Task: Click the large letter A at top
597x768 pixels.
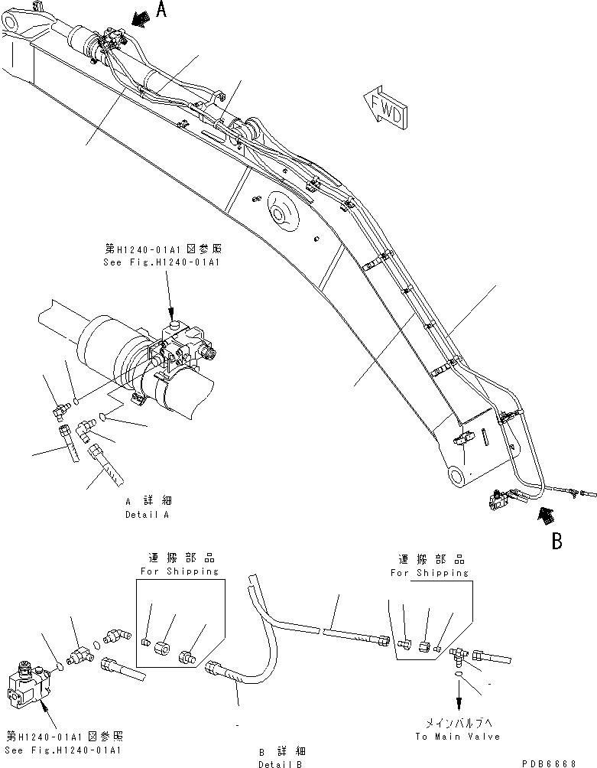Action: tap(161, 10)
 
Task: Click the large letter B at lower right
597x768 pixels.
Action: tap(557, 541)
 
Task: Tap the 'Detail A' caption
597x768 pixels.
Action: tap(147, 515)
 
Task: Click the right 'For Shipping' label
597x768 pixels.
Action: tap(429, 571)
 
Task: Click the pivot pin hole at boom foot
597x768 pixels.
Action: tap(456, 478)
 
